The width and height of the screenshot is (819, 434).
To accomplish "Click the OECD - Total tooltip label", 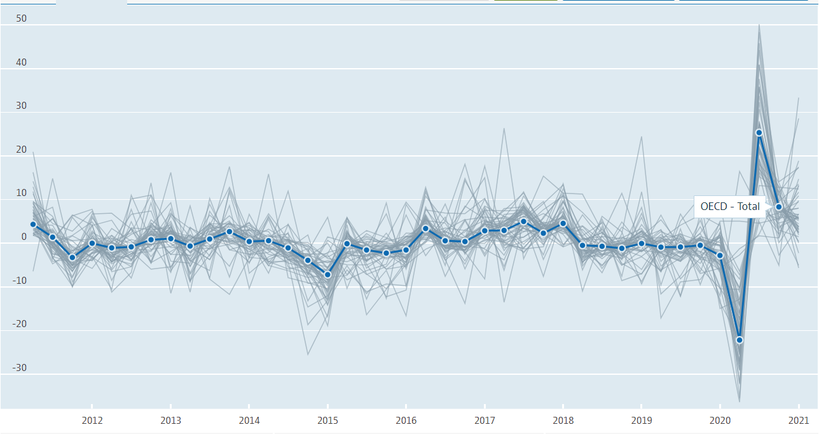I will [729, 206].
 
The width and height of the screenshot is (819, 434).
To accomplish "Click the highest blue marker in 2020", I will [759, 132].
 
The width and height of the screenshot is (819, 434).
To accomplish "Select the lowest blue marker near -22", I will [740, 340].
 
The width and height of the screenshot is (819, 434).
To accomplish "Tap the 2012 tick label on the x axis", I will [92, 420].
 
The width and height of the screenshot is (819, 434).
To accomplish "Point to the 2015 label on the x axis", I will [327, 420].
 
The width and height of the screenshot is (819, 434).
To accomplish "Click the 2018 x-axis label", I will [563, 420].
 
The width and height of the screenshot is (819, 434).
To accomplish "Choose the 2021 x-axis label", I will [798, 420].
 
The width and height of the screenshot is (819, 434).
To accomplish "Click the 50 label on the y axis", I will [22, 18].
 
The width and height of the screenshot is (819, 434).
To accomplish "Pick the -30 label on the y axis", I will [20, 368].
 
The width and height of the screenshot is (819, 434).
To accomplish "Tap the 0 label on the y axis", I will [24, 237].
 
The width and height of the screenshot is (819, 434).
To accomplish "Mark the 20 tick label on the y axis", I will [22, 150].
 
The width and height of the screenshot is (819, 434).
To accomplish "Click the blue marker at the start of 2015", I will [327, 274].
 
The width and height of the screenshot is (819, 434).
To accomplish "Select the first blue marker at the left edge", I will [33, 224].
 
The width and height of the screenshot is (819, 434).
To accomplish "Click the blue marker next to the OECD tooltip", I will [778, 207].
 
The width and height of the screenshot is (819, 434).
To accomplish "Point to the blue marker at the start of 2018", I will [563, 223].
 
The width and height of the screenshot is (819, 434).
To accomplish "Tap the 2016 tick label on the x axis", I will [406, 420].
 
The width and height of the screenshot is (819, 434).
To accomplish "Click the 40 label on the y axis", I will [22, 62].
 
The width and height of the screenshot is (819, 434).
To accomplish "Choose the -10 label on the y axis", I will [20, 281].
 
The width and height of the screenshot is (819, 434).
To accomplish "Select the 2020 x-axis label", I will [720, 420].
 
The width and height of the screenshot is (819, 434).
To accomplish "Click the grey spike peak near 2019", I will [641, 137].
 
